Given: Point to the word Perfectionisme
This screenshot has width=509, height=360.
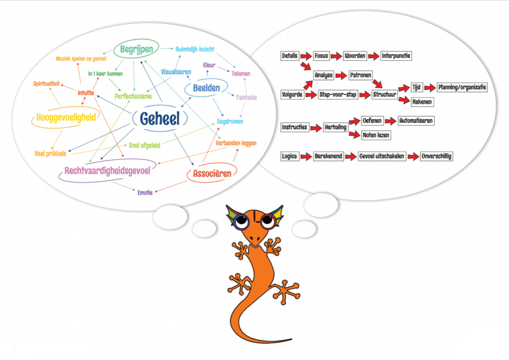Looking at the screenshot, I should pyautogui.click(x=133, y=96).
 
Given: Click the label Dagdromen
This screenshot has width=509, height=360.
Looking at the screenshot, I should pyautogui.click(x=230, y=121).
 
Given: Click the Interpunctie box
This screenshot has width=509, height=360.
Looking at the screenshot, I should pyautogui.click(x=396, y=56).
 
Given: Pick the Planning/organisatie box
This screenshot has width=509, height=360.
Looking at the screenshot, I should pyautogui.click(x=462, y=88).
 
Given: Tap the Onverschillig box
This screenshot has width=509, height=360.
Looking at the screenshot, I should pyautogui.click(x=437, y=157).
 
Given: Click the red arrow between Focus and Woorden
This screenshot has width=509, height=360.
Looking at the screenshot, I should pyautogui.click(x=337, y=56).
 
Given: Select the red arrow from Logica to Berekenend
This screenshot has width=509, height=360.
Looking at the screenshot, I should pyautogui.click(x=306, y=157).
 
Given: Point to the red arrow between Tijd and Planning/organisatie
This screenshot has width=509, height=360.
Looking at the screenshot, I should pyautogui.click(x=430, y=88).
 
